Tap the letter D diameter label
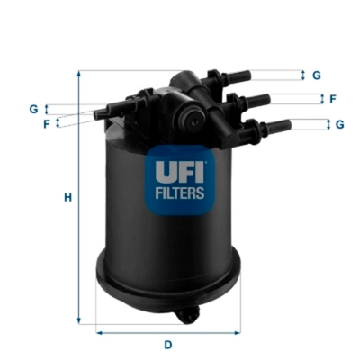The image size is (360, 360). point(167,345)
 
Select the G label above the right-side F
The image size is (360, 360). point(317,76)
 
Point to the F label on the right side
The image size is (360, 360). point(332,99)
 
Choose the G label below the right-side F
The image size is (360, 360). point(339,124)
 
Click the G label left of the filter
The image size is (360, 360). point(33,109)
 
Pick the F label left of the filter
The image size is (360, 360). point(45,123)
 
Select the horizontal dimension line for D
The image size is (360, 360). point(167,332)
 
